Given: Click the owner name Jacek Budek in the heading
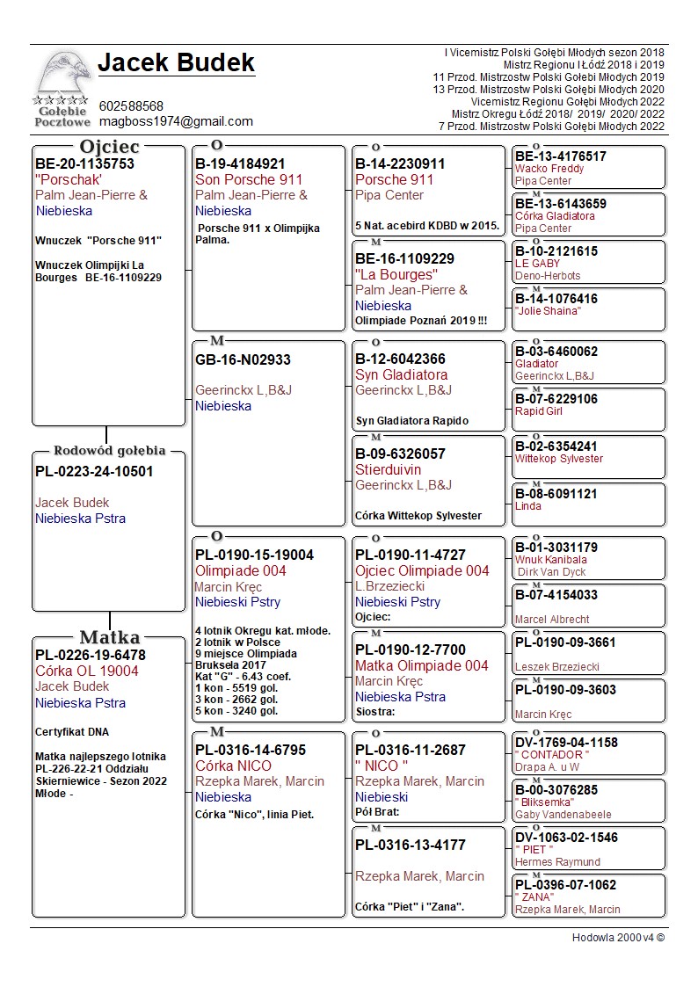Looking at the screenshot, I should point(176,63).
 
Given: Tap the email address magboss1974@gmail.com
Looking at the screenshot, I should point(176,121).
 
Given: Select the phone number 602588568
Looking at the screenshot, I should point(131,106).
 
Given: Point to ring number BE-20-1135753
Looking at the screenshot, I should point(84,163).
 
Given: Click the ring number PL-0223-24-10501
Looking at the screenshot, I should point(94,471).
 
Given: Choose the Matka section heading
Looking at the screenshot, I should point(109,637).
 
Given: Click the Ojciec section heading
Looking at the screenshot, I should point(109,146).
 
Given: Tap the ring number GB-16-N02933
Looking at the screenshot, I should point(243,359).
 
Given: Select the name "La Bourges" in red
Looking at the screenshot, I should point(396,274).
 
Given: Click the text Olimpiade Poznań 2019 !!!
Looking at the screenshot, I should point(420,321).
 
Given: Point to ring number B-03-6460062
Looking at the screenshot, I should point(556,352).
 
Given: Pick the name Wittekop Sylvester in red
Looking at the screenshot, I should point(559,459).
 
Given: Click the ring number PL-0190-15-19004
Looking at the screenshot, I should point(254,555).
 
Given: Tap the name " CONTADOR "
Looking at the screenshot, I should point(552,755).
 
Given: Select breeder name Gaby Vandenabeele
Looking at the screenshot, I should point(563,815).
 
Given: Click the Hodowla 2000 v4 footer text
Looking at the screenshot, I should point(618,938).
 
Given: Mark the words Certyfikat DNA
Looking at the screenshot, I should point(72,732).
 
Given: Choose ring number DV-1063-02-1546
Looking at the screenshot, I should point(566,838).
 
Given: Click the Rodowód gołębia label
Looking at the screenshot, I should point(109,452).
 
